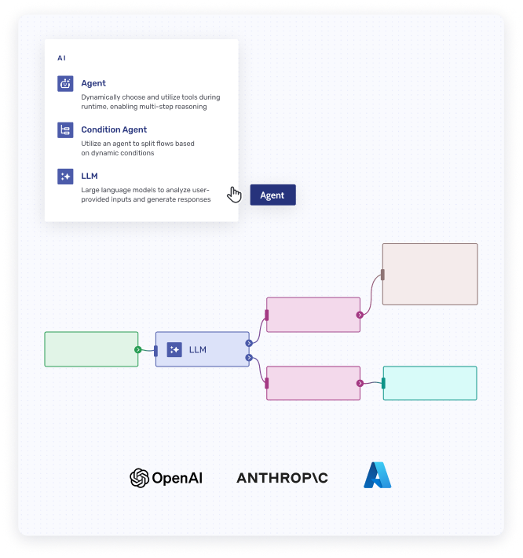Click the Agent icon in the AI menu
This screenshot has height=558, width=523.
65,83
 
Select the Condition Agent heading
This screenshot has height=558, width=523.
114,129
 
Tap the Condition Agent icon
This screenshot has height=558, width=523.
65,130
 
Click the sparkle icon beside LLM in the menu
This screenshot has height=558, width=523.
65,177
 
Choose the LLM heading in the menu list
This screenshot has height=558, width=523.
89,176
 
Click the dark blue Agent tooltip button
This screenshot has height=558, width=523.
272,195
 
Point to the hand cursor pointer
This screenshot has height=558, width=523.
234,194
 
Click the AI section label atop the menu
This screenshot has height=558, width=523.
62,58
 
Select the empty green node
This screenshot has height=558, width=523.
91,349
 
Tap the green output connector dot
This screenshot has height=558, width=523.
137,349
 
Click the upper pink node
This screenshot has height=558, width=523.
313,315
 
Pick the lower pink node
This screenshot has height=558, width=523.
313,383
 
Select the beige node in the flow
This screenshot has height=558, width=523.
430,274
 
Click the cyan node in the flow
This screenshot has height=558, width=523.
430,383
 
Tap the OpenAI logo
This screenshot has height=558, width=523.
166,477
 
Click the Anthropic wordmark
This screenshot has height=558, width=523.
282,477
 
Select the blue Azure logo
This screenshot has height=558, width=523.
378,476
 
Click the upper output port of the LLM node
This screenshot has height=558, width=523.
248,342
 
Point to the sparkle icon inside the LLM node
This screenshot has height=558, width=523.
174,349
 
